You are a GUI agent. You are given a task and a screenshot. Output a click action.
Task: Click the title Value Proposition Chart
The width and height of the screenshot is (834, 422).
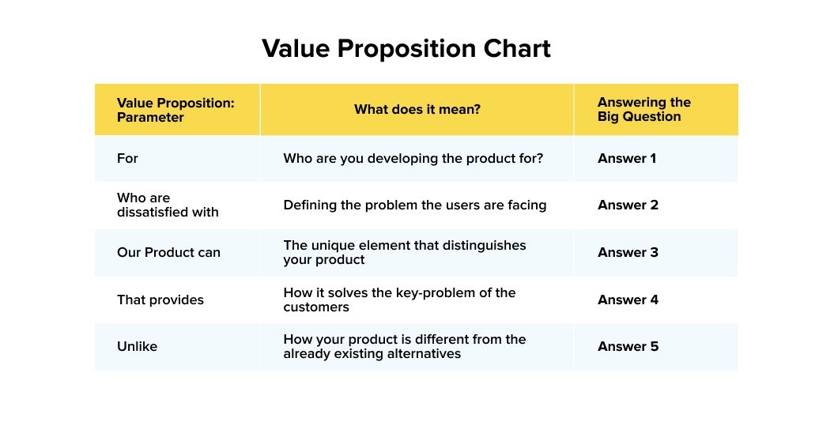click(x=406, y=49)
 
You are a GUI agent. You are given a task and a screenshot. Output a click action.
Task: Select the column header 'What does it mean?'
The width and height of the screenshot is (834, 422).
click(x=417, y=110)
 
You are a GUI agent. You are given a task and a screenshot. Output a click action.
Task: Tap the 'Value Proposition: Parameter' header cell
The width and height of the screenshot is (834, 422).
click(x=175, y=110)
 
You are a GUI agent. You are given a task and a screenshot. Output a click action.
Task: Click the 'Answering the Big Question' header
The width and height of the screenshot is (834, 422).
click(x=643, y=110)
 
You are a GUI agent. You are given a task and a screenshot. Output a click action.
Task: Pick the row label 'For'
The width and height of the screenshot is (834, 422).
click(x=127, y=159)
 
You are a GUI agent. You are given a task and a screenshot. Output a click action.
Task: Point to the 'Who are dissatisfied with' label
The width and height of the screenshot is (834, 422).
click(x=168, y=205)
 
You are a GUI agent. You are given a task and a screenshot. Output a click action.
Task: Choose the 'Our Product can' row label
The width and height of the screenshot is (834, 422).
click(x=168, y=253)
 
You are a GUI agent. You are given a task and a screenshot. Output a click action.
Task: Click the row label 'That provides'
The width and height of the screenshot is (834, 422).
click(x=160, y=300)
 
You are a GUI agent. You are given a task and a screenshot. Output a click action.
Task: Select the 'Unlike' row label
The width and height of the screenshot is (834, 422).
click(x=137, y=347)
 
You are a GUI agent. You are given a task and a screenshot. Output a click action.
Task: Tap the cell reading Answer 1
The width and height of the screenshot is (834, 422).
click(x=627, y=159)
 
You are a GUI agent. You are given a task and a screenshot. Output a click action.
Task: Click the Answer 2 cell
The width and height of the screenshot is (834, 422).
click(x=628, y=205)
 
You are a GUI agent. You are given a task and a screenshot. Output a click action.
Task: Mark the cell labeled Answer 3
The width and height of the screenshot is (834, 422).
click(x=628, y=253)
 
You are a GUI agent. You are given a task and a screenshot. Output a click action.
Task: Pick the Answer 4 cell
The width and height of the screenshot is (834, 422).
click(x=628, y=300)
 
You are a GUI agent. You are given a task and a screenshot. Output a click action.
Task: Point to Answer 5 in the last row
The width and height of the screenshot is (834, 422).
click(x=628, y=347)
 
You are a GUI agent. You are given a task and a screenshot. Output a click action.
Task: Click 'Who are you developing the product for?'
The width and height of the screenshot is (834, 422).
click(x=413, y=159)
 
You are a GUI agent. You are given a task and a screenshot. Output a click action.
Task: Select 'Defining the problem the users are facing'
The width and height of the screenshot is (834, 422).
click(x=414, y=205)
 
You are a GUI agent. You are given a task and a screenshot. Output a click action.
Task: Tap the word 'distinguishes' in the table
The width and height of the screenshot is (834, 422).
click(x=486, y=246)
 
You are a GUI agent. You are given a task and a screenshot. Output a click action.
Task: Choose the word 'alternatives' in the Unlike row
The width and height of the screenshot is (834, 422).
click(x=424, y=354)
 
